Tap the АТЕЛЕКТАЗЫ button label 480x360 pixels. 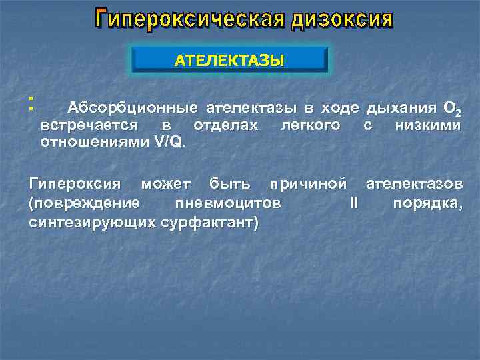click(229, 61)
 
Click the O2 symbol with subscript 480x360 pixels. click(450, 109)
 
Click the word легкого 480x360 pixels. click(310, 125)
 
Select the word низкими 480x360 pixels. click(427, 125)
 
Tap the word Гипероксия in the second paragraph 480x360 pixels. click(75, 183)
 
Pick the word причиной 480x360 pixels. click(307, 183)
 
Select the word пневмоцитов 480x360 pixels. click(227, 203)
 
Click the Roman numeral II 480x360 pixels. click(354, 203)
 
